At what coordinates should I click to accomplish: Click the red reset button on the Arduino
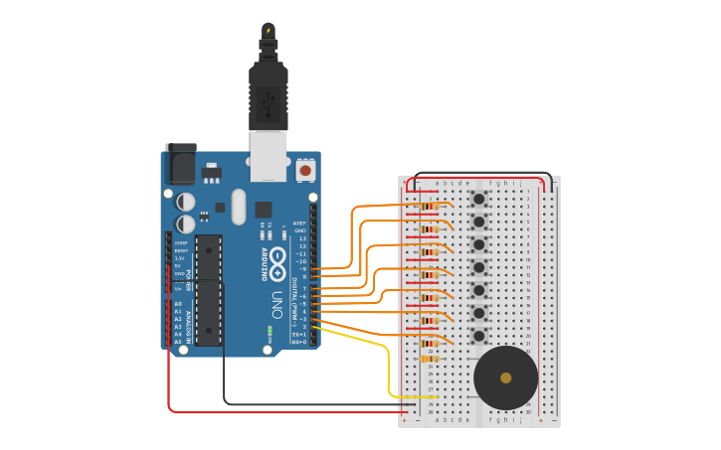point(305,171)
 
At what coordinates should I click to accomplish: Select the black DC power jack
point(181,163)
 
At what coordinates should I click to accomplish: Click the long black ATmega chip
point(208,289)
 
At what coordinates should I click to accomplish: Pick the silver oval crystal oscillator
point(238,207)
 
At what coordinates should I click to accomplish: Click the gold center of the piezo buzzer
point(505,377)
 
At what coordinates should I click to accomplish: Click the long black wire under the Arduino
point(298,403)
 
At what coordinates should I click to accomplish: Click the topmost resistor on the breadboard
point(429,207)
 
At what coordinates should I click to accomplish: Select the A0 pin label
point(178,303)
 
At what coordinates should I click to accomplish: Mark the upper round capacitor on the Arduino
point(186,200)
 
